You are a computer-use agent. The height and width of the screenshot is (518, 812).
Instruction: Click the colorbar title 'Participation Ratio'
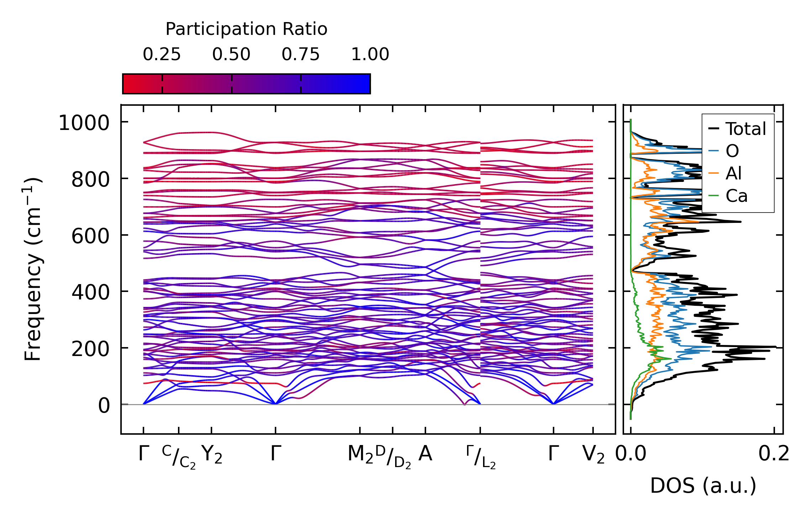click(x=246, y=29)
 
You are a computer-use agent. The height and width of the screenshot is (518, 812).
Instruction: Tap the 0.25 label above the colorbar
click(x=162, y=54)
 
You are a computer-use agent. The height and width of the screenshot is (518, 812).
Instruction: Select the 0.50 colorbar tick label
click(x=231, y=54)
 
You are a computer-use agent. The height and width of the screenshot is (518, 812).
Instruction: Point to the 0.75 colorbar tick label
click(x=301, y=54)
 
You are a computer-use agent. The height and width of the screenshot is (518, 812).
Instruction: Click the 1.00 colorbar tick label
click(x=370, y=54)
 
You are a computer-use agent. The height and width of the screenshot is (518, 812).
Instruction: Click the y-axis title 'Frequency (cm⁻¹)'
click(x=33, y=269)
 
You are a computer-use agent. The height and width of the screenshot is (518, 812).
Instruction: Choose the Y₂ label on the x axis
click(x=212, y=455)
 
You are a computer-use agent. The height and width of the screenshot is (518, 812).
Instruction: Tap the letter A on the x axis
click(x=425, y=454)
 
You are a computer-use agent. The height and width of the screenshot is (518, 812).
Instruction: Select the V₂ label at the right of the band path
click(x=593, y=455)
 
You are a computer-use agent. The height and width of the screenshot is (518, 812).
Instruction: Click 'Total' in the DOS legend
click(x=745, y=129)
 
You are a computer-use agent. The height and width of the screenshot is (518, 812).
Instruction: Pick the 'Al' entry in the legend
click(x=734, y=174)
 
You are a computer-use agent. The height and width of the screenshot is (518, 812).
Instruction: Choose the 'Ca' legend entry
click(x=737, y=196)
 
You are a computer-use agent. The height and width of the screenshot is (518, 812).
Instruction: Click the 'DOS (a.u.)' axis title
click(x=703, y=486)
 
